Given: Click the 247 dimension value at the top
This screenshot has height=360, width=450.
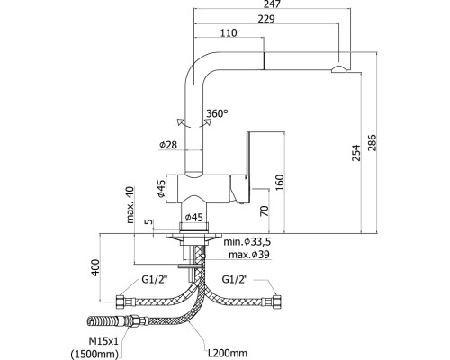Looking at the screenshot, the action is tap(273, 4).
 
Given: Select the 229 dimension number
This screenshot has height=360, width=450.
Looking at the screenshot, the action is tap(266, 19).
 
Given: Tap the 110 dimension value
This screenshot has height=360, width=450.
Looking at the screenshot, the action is tap(229, 32).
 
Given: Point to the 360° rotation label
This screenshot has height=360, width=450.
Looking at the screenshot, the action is tap(217, 113).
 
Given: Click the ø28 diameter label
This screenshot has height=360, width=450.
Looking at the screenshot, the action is tap(168, 145).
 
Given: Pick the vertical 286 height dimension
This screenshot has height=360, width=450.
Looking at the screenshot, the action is tap(372, 143).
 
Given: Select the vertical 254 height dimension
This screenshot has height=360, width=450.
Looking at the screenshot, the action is tap(356, 153).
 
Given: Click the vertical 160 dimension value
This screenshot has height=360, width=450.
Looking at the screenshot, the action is tap(279, 184).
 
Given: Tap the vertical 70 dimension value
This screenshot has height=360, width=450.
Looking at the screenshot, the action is tap(265, 211).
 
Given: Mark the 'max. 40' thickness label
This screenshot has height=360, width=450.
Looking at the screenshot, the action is tap(130, 204).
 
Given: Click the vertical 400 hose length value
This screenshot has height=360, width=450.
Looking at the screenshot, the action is tap(95, 267).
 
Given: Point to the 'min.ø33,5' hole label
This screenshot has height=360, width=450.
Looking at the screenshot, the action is tap(245, 241).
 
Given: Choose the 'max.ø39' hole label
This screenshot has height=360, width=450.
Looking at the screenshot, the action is tap(249, 255).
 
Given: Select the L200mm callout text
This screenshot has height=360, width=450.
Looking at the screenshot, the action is tap(228, 353).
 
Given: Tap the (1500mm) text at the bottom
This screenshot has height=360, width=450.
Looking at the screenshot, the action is tap(94, 355).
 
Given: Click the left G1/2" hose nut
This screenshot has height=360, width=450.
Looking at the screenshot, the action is tap(121, 301).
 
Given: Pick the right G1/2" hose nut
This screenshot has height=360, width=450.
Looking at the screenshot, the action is tap(275, 301).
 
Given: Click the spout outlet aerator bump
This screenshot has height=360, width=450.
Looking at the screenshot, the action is tap(339, 69).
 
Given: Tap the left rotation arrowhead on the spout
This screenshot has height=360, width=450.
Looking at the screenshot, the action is tap(180, 122).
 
